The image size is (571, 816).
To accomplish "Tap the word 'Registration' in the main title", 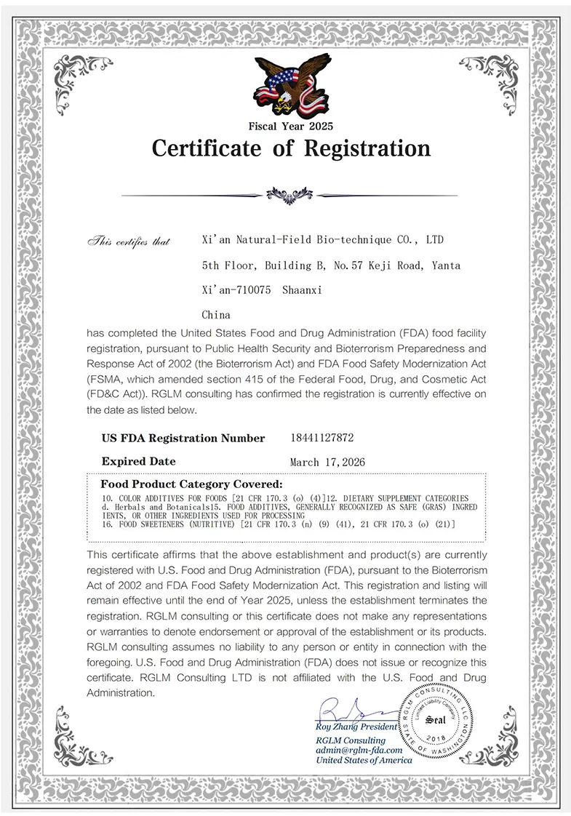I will (367, 148).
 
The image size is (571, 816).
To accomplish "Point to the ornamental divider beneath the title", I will (290, 194).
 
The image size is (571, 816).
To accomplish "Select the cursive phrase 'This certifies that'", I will (128, 241).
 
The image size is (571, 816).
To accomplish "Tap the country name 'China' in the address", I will (215, 315).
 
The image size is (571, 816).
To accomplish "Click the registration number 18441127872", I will (322, 438).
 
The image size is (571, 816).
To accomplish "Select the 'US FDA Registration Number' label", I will (183, 438).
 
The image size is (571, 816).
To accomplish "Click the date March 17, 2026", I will (327, 462).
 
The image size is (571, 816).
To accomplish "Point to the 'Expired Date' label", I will (138, 461).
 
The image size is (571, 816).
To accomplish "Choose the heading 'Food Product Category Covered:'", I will (191, 484).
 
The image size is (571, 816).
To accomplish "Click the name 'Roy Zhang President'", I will (356, 727).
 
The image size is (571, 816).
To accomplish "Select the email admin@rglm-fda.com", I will (359, 750).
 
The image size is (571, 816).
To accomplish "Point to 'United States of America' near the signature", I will (363, 760).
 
